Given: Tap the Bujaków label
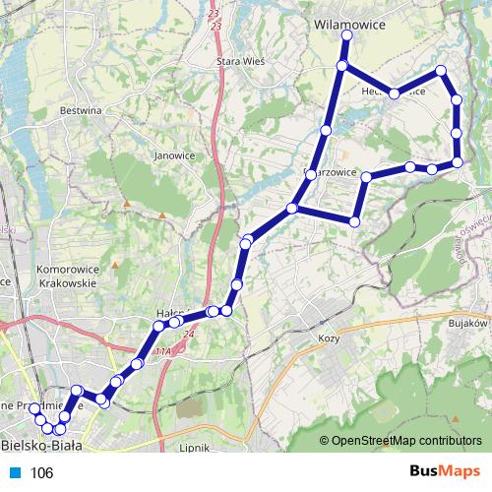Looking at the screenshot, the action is [x=468, y=323].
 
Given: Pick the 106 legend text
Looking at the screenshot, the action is [x=41, y=473].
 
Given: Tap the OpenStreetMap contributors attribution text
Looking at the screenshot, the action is [x=407, y=440].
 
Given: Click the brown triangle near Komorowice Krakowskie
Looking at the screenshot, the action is [x=115, y=265].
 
